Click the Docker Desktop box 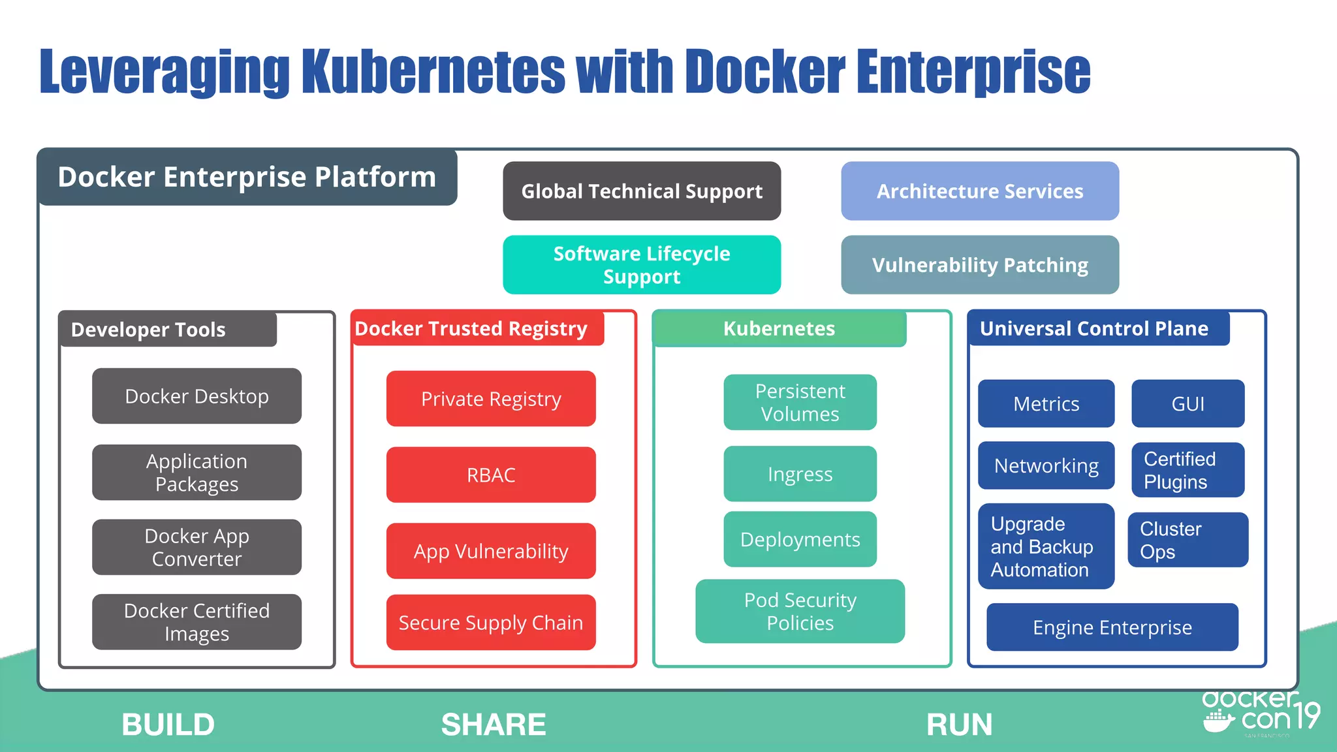pyautogui.click(x=197, y=396)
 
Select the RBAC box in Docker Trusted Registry pyautogui.click(x=491, y=475)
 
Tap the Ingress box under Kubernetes pyautogui.click(x=800, y=474)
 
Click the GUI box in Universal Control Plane pyautogui.click(x=1188, y=404)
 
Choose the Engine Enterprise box pyautogui.click(x=1112, y=627)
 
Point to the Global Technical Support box pyautogui.click(x=642, y=191)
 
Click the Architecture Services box pyautogui.click(x=979, y=191)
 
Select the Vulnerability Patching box pyautogui.click(x=979, y=265)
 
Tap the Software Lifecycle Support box pyautogui.click(x=642, y=265)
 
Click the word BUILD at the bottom pyautogui.click(x=168, y=725)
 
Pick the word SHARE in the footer pyautogui.click(x=494, y=725)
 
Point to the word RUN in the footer pyautogui.click(x=959, y=725)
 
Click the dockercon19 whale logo pyautogui.click(x=1218, y=722)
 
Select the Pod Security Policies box pyautogui.click(x=800, y=611)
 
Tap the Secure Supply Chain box pyautogui.click(x=491, y=623)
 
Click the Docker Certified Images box pyautogui.click(x=197, y=622)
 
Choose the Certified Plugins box pyautogui.click(x=1188, y=470)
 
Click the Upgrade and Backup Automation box pyautogui.click(x=1046, y=546)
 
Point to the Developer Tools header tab pyautogui.click(x=168, y=330)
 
